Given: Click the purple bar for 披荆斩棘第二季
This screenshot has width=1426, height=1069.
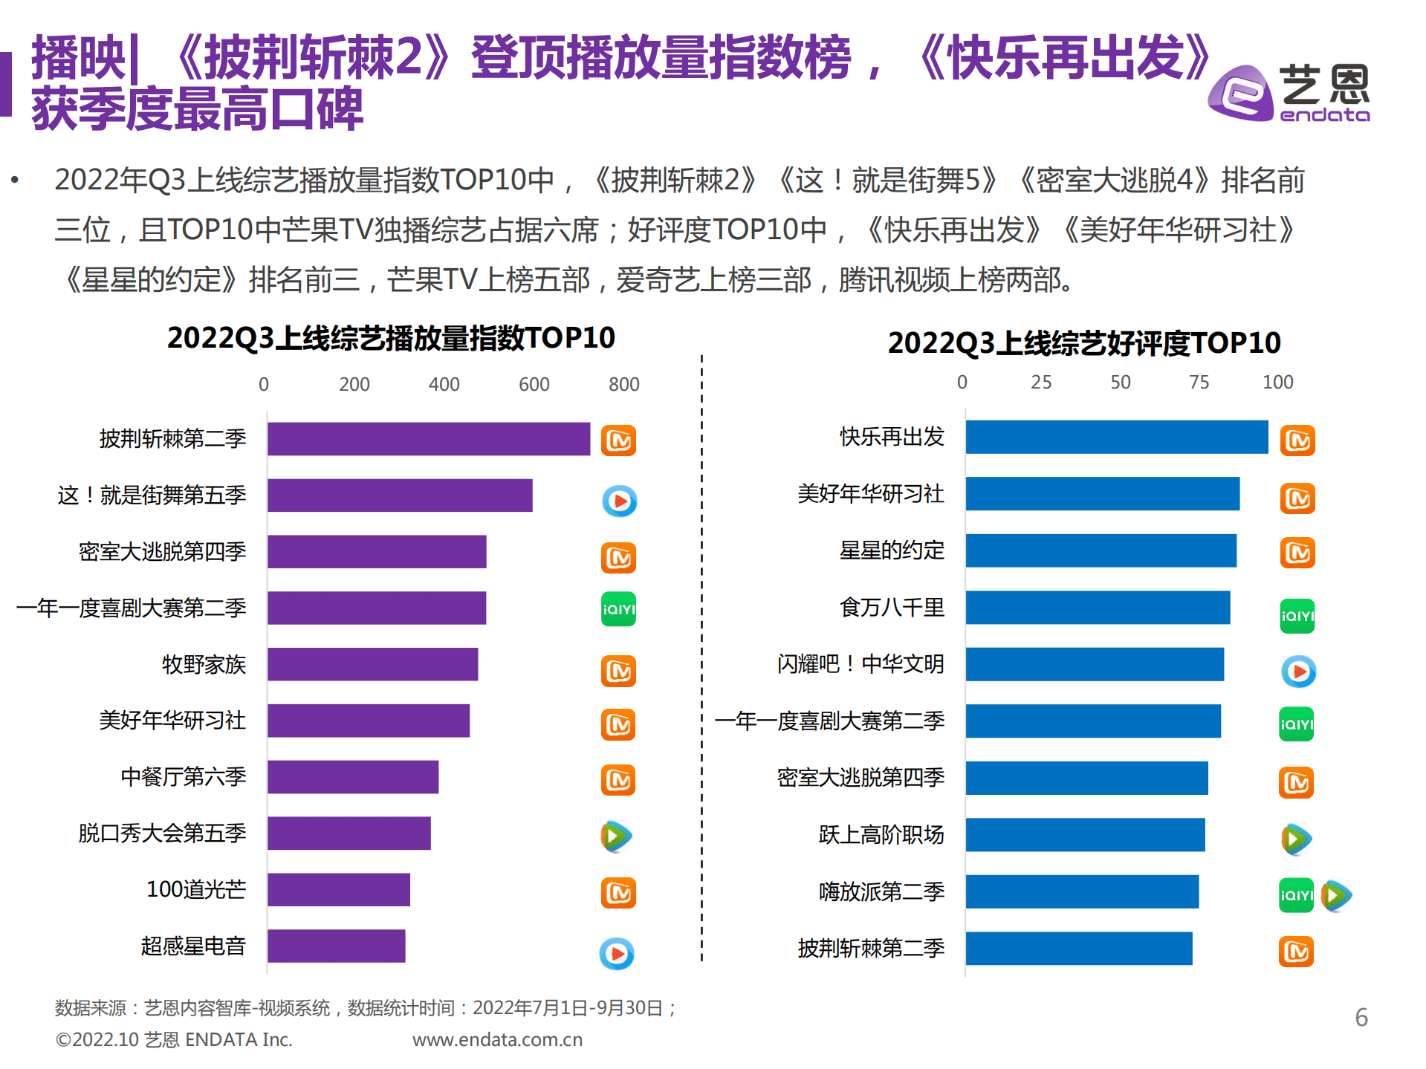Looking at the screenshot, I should click(x=428, y=439).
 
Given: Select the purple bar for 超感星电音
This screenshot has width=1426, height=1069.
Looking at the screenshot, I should click(x=336, y=946).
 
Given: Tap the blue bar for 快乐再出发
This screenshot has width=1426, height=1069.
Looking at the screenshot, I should click(x=1116, y=437).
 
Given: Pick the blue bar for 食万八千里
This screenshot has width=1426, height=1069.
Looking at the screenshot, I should click(x=1098, y=608).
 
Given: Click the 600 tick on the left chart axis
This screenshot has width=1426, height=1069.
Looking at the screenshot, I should click(x=534, y=384).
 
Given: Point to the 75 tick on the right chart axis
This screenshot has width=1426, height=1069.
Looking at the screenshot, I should click(x=1199, y=382).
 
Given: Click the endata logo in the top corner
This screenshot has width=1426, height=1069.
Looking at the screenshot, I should click(x=1289, y=94).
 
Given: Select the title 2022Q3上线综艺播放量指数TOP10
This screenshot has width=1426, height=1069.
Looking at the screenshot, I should click(x=391, y=338).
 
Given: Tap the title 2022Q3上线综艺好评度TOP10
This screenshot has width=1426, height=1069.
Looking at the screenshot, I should click(x=1083, y=342).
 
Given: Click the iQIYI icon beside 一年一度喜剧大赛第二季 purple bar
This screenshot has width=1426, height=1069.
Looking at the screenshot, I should click(x=618, y=609).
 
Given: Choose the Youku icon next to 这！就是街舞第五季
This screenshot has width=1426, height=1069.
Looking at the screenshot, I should click(x=619, y=501).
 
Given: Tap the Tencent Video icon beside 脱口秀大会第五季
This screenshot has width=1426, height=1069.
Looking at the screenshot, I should click(x=616, y=836).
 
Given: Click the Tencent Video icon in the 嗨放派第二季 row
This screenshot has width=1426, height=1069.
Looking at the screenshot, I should click(x=1336, y=895).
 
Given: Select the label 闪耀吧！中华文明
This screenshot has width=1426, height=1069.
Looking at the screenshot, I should click(x=861, y=663).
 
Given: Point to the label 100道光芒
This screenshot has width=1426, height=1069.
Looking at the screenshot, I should click(x=196, y=889).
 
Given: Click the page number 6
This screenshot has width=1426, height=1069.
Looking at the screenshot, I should click(x=1361, y=1017).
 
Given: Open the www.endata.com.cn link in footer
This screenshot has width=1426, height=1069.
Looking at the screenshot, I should click(x=497, y=1039).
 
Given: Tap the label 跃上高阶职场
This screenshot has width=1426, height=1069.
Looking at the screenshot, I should click(x=881, y=834).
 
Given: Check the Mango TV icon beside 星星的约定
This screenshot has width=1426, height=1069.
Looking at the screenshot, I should click(x=1297, y=553).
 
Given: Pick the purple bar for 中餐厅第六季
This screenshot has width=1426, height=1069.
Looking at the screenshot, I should click(x=352, y=777).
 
